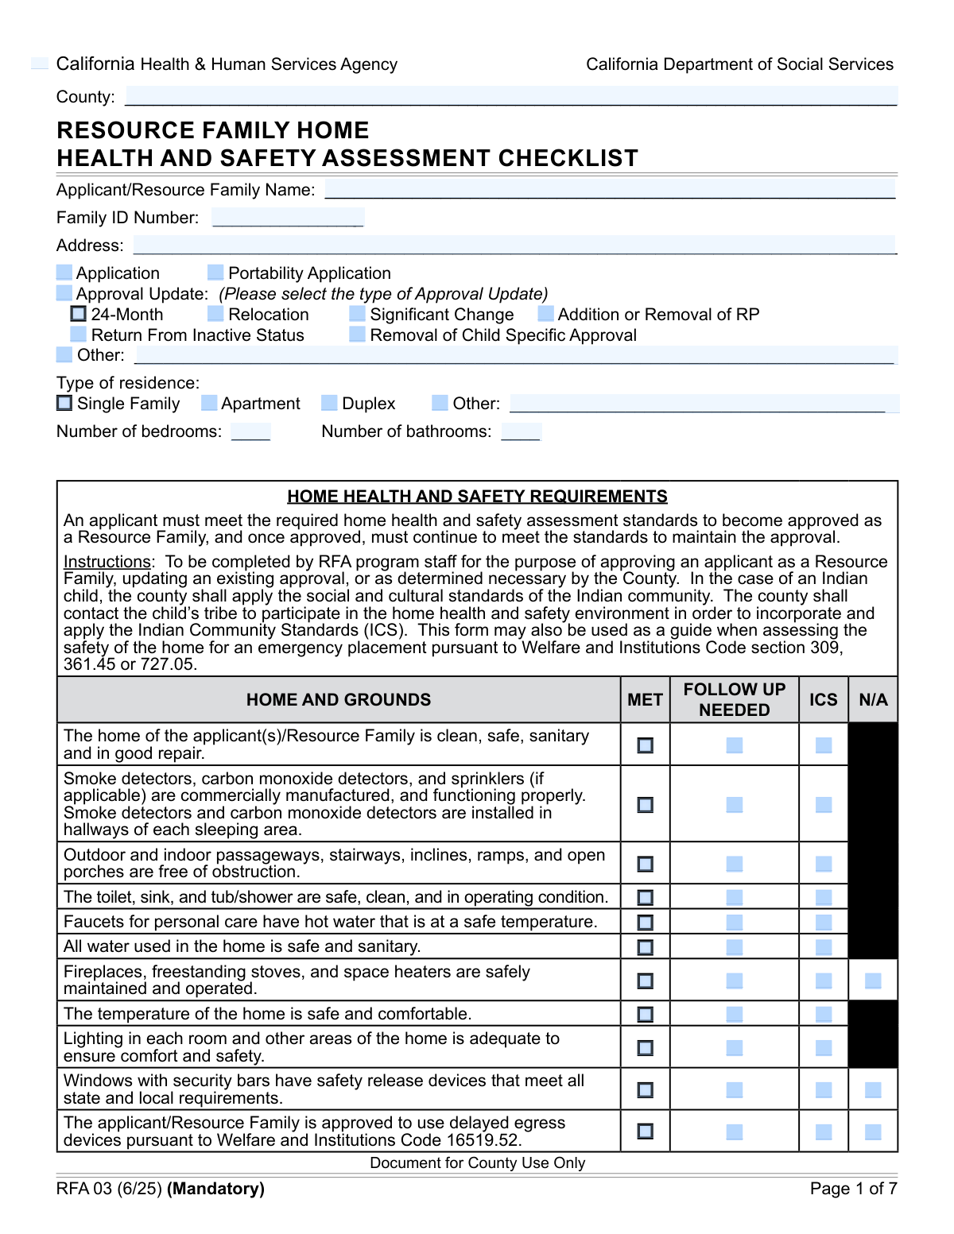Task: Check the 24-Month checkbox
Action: [x=79, y=314]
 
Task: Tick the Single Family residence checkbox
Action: [x=64, y=403]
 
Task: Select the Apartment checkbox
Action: [x=209, y=403]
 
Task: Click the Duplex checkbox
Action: [x=329, y=403]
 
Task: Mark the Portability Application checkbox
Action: [x=215, y=273]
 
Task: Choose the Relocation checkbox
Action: [x=215, y=314]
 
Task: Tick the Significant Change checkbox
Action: [x=357, y=314]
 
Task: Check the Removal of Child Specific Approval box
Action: [x=357, y=335]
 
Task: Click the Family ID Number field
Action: [x=288, y=217]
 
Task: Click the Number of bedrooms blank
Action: [x=250, y=431]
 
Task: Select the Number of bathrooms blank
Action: [x=521, y=431]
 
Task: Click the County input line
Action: [x=511, y=96]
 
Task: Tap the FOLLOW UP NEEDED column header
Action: [x=734, y=699]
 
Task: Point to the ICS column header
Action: [x=823, y=699]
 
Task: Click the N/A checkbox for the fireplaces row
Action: [x=873, y=981]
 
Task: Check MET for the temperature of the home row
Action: [x=646, y=1014]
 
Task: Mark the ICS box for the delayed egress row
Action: [x=824, y=1131]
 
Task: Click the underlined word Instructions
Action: [x=107, y=562]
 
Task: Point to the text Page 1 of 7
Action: [x=853, y=1189]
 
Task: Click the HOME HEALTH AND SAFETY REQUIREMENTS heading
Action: [x=477, y=497]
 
